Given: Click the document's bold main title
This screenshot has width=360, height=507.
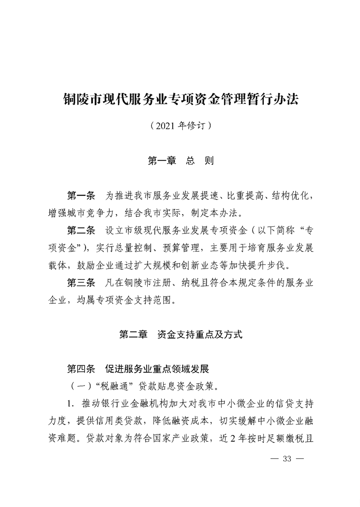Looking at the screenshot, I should pyautogui.click(x=180, y=99).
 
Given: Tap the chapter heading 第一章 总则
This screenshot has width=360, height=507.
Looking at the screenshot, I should pyautogui.click(x=180, y=161).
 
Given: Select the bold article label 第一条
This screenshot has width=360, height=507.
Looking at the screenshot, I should pyautogui.click(x=80, y=195).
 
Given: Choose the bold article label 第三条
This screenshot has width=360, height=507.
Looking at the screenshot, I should pyautogui.click(x=80, y=283).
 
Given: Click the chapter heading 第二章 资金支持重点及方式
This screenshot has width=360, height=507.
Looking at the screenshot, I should pyautogui.click(x=180, y=335).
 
